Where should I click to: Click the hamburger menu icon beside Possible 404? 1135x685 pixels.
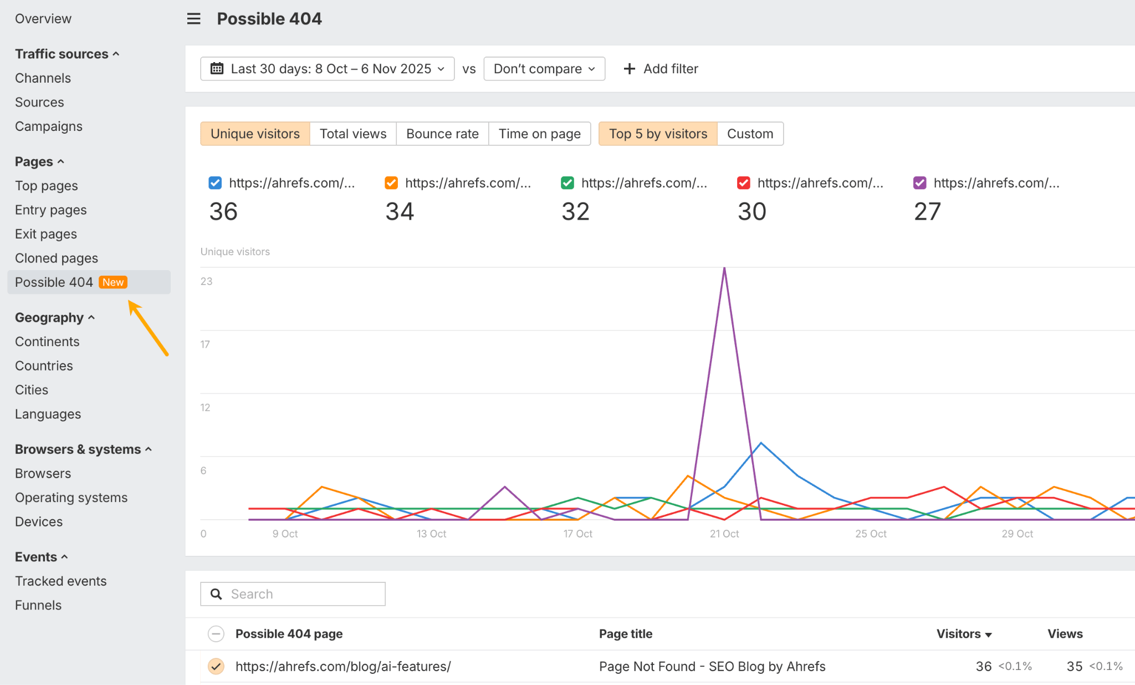click(x=193, y=19)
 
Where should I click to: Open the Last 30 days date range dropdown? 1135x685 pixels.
click(x=327, y=69)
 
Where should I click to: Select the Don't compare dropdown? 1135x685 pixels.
click(x=544, y=69)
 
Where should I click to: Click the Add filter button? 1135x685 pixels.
click(x=661, y=69)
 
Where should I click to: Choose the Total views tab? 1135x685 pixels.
click(x=353, y=134)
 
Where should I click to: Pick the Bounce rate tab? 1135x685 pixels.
click(x=442, y=134)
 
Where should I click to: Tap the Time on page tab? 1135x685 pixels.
click(x=539, y=134)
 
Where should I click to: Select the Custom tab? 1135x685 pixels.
click(x=750, y=134)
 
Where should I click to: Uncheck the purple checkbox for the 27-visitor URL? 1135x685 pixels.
click(x=919, y=183)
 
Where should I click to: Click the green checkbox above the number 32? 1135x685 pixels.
click(x=567, y=183)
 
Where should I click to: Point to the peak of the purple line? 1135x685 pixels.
click(x=724, y=268)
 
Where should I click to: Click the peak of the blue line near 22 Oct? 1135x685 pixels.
click(x=761, y=443)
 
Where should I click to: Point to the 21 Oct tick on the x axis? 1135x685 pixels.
click(x=724, y=534)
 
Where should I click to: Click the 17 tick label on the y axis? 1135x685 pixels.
click(x=205, y=344)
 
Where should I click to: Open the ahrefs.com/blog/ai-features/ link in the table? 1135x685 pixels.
click(x=343, y=666)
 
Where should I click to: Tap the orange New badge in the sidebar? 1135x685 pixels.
click(x=113, y=282)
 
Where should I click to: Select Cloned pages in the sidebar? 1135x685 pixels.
click(x=57, y=258)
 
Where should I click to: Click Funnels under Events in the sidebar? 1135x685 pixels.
click(x=38, y=605)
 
